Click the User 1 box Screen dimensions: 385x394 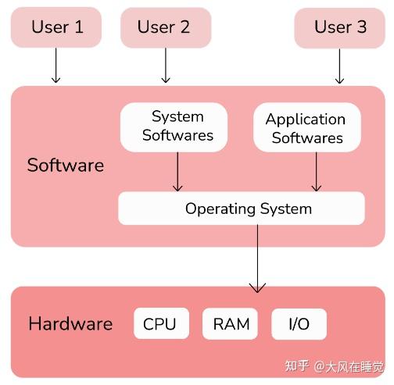[x=56, y=27]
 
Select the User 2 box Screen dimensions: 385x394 [x=165, y=27]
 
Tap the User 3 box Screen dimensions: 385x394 [x=340, y=27]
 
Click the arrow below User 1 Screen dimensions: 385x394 [x=56, y=66]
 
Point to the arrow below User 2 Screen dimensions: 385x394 [x=165, y=66]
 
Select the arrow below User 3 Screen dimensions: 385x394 [x=339, y=66]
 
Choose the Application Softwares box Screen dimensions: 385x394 [x=306, y=128]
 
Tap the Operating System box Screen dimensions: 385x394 [x=241, y=209]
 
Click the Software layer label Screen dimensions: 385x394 [x=65, y=166]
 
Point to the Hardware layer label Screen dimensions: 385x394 [x=70, y=324]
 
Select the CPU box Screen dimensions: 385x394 [x=159, y=324]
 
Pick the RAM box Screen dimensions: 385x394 [x=230, y=324]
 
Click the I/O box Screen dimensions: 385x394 [x=299, y=324]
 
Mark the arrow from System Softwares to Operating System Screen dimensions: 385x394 [x=177, y=171]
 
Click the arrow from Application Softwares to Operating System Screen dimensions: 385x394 [x=316, y=171]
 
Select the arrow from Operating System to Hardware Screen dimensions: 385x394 [x=257, y=258]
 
